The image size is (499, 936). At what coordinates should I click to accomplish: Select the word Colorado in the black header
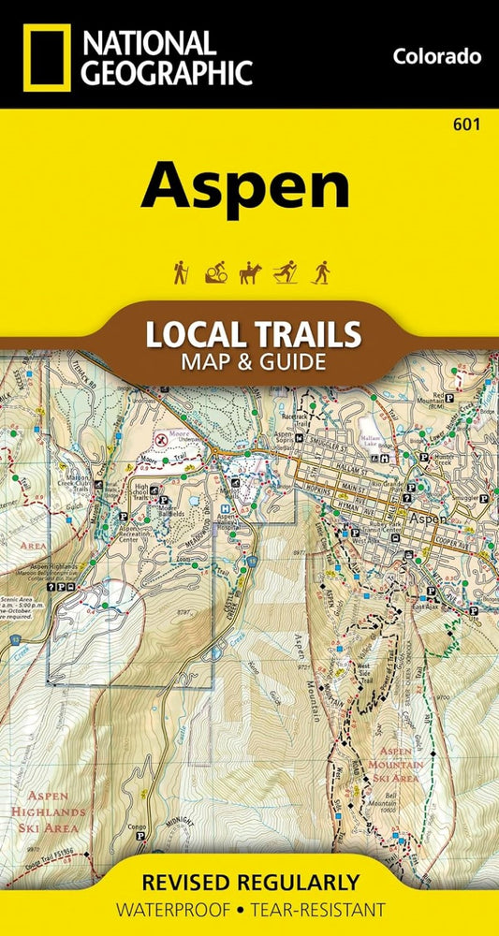(x=437, y=56)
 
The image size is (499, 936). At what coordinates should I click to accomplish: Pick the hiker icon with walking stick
(x=179, y=272)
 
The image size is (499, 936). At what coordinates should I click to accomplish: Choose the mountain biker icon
(x=213, y=272)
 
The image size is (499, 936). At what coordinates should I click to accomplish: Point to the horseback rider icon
(x=248, y=272)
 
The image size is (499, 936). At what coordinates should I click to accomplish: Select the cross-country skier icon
(x=285, y=272)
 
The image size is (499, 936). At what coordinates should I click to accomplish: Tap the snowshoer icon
(x=321, y=272)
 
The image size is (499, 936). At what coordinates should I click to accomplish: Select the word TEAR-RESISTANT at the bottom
(x=318, y=909)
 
